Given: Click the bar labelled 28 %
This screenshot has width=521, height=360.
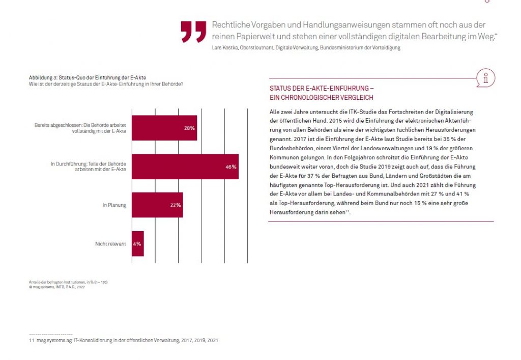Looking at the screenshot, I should click(164, 128).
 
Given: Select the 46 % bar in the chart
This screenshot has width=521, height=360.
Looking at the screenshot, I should click(185, 167).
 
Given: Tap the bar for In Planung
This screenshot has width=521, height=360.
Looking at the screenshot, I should click(157, 205).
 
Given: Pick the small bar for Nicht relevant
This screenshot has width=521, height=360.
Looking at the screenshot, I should click(137, 243).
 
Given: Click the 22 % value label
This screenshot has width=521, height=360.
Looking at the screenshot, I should click(176, 205).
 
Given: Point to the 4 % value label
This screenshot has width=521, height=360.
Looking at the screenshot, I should click(137, 244).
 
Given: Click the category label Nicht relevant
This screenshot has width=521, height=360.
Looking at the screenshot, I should click(110, 244).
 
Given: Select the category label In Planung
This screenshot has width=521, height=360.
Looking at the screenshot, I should click(114, 205).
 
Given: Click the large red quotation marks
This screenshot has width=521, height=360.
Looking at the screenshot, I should click(193, 32).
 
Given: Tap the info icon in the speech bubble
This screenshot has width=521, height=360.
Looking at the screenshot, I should click(486, 78).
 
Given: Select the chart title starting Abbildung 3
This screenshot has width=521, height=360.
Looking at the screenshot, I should click(88, 77).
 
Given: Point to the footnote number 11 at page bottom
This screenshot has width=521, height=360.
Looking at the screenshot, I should click(31, 340).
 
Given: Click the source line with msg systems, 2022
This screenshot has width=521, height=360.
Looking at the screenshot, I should click(57, 287).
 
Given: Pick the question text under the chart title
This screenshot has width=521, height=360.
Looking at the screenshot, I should click(106, 84).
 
